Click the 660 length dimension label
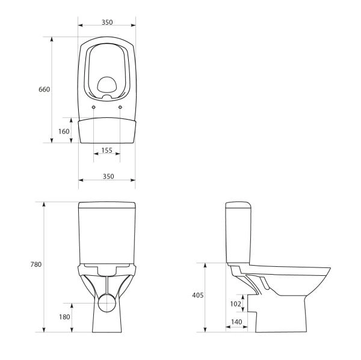pos(44,89)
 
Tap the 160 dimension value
pos(64,131)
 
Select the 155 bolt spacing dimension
pos(106,151)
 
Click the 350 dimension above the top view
pos(106,22)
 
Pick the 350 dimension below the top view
pos(106,176)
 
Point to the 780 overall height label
pos(35,264)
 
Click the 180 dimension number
pos(64,317)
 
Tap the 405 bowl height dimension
pos(198,295)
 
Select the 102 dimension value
pos(235,304)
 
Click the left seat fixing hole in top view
pos(94,107)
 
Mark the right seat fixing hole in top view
pos(120,107)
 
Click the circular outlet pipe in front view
pos(106,302)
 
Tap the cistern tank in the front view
pos(106,231)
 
